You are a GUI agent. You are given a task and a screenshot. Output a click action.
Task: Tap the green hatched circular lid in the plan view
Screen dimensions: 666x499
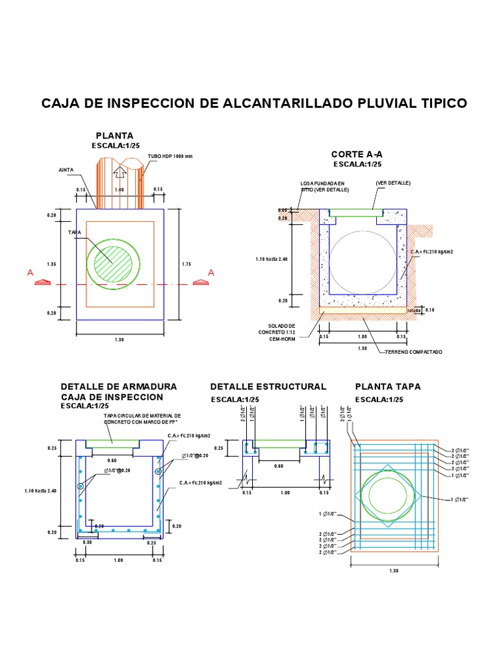[114, 263]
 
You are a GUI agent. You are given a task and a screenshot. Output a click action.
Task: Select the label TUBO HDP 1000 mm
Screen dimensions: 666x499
[170, 157]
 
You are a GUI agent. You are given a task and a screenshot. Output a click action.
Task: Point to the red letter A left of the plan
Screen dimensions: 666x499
[30, 274]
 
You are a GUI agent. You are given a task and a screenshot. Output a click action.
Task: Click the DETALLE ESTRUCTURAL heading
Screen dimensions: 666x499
[268, 386]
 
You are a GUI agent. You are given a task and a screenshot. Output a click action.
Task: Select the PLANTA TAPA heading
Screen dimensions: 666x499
[388, 386]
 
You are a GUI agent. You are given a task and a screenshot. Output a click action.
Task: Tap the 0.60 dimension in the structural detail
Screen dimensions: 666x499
[279, 466]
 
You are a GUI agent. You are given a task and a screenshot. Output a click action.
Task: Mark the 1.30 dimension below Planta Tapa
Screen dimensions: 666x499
[394, 570]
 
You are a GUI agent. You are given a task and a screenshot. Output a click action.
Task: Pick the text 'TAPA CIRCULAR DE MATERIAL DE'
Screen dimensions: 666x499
[142, 415]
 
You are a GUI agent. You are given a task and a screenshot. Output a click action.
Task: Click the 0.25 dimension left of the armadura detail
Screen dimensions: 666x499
[51, 448]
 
